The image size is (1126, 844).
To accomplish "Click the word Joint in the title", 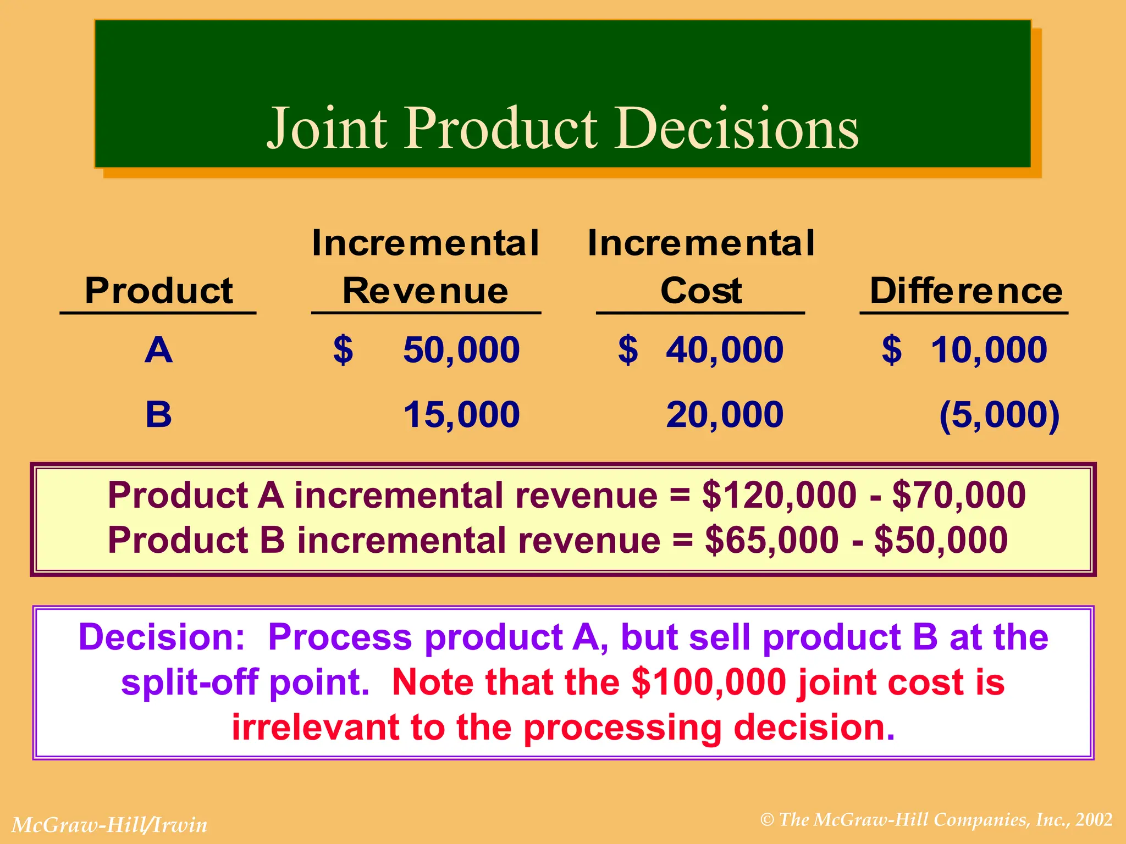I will click(328, 129).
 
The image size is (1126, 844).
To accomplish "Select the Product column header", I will click(158, 291).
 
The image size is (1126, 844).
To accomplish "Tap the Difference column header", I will click(966, 291).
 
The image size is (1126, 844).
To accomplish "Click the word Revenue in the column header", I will click(425, 291).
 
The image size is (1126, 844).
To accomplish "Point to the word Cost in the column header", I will click(700, 291).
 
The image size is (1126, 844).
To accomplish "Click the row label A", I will click(158, 350).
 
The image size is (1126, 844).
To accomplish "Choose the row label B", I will click(158, 414).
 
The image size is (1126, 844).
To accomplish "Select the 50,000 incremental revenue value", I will click(461, 350).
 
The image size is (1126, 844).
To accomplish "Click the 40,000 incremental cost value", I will click(724, 350).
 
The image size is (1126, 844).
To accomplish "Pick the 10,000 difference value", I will click(988, 350).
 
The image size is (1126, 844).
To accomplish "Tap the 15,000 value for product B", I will click(461, 414).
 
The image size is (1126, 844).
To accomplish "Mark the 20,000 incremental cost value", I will click(724, 414).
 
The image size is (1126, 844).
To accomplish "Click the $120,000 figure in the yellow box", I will click(779, 495).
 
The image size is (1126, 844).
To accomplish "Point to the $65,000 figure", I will click(771, 540).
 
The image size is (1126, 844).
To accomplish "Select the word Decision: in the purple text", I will click(162, 637).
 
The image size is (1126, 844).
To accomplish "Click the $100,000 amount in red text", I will click(709, 682).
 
